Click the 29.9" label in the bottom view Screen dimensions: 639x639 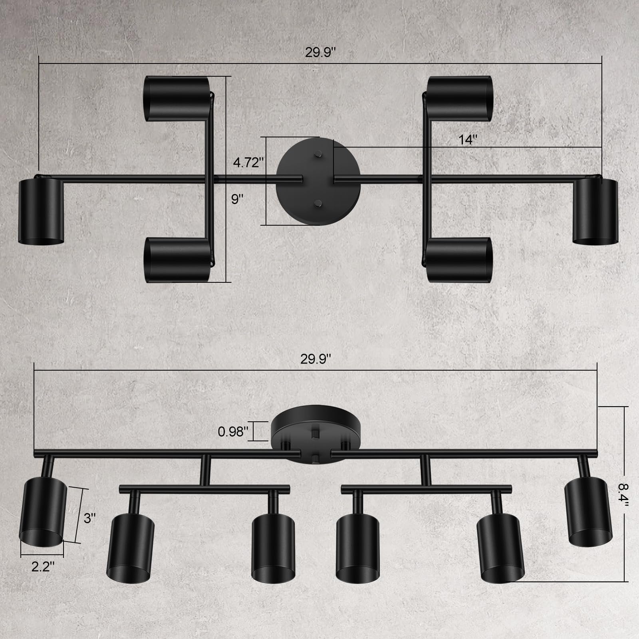tap(316, 359)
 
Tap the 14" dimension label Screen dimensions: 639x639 tap(468, 140)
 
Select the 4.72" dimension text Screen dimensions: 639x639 tap(248, 163)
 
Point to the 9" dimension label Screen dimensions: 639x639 tap(238, 199)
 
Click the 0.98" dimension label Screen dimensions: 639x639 tap(233, 431)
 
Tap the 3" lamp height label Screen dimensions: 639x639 tap(89, 518)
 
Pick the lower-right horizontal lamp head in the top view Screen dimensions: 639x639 tap(459, 260)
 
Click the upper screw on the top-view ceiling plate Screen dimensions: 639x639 tap(318, 153)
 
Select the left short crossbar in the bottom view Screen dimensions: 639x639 tap(204, 488)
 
